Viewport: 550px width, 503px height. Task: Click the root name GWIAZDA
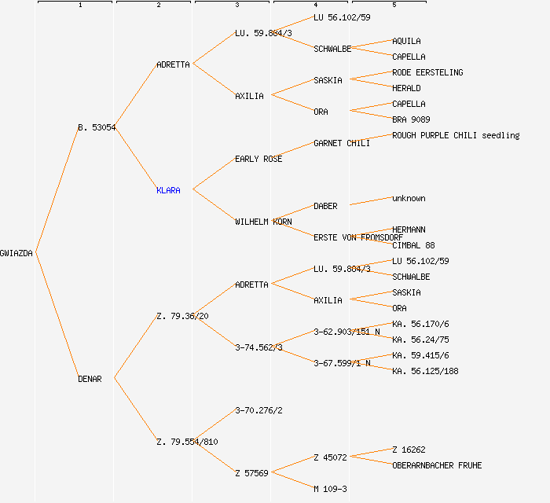coord(16,253)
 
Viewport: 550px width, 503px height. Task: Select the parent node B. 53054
coord(97,127)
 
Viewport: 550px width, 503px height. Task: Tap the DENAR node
coord(90,379)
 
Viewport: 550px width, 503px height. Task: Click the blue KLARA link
coord(168,190)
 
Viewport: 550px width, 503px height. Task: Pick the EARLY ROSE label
coord(258,159)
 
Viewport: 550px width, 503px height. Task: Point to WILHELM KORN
coord(263,222)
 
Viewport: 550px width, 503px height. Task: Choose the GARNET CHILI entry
coord(341,143)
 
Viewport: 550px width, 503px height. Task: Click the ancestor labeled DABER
coord(325,206)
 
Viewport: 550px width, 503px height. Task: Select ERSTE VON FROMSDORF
coord(358,237)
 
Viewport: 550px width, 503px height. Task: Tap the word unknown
coord(409,198)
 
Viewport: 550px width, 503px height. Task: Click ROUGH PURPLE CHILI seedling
coord(456,135)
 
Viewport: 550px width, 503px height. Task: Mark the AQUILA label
coord(406,41)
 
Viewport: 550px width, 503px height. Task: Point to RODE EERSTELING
coord(427,72)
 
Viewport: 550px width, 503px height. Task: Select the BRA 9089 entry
coord(411,119)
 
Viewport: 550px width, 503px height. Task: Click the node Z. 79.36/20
coord(182,316)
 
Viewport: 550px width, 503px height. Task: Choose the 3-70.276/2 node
coord(258,410)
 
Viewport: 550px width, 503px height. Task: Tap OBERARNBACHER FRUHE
coord(437,465)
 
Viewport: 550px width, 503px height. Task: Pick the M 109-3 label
coord(330,489)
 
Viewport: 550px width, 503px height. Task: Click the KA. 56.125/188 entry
coord(425,371)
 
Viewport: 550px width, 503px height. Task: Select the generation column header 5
coord(394,6)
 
